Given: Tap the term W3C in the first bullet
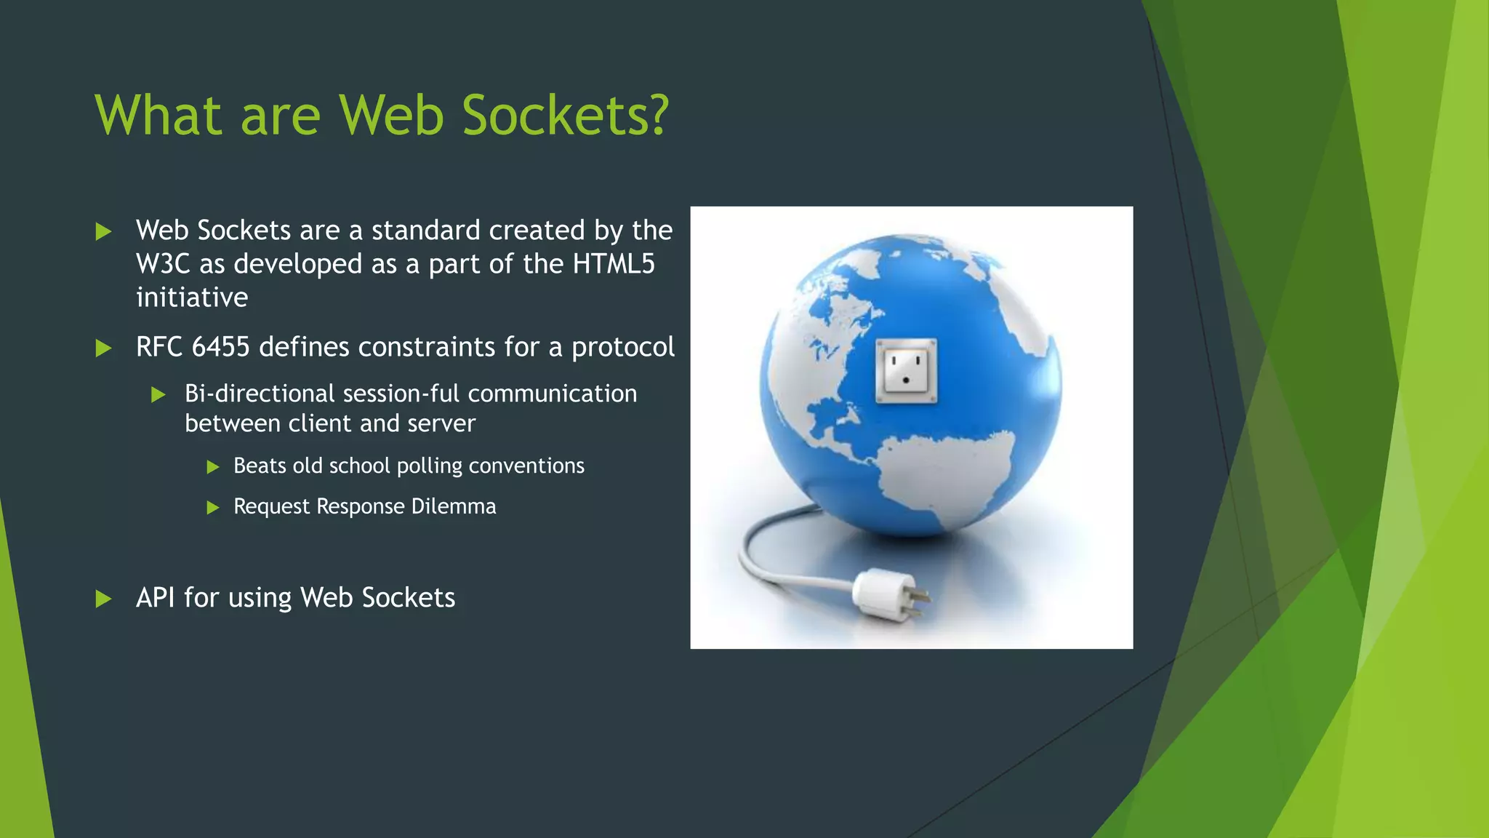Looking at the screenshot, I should point(163,264).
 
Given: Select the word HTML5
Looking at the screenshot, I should point(614,264).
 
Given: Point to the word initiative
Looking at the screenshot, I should point(192,298).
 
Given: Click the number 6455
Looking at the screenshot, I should point(220,347).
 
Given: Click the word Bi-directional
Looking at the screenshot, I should point(260,394).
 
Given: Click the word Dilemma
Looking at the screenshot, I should point(454,506).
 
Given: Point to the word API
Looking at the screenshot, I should point(155,598).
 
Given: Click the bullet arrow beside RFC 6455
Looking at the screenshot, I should point(104,348).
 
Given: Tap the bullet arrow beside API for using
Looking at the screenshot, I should point(104,599).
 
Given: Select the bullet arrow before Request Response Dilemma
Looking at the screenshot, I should point(213,508).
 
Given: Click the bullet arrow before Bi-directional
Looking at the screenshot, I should point(158,395).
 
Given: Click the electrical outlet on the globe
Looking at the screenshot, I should point(906,370).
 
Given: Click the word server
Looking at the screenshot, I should point(441,423).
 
